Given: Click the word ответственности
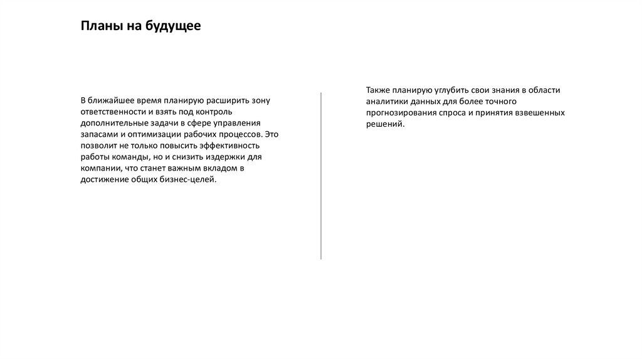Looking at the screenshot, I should pyautogui.click(x=112, y=112).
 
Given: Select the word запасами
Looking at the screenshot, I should pyautogui.click(x=97, y=134).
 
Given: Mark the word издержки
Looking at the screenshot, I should pyautogui.click(x=224, y=157).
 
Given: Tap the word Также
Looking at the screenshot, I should pyautogui.click(x=379, y=90).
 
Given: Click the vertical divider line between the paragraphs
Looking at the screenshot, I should pyautogui.click(x=321, y=176).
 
